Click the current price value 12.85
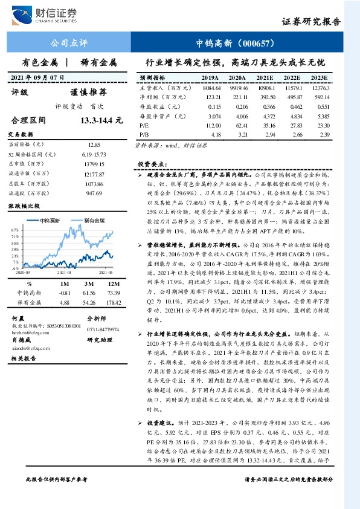pyautogui.click(x=94, y=145)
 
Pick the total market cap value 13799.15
pyautogui.click(x=94, y=164)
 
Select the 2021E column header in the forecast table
pyautogui.click(x=264, y=79)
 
